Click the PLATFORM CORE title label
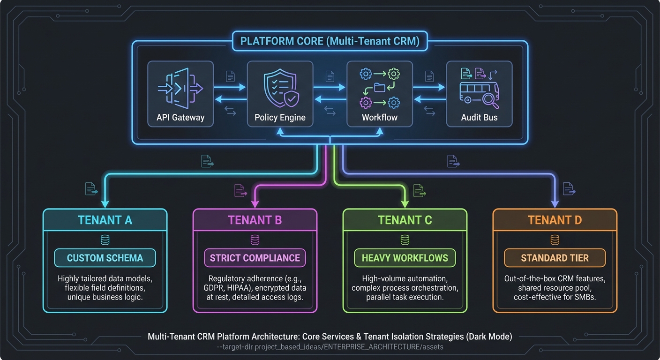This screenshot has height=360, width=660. pyautogui.click(x=330, y=41)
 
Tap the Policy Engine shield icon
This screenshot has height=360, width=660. pyautogui.click(x=280, y=88)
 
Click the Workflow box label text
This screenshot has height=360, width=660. pyautogui.click(x=379, y=117)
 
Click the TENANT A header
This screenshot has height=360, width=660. pyautogui.click(x=105, y=220)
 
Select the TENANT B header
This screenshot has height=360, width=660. pyautogui.click(x=255, y=220)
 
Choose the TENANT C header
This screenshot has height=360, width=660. pyautogui.click(x=405, y=220)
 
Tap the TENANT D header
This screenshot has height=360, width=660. pyautogui.click(x=555, y=220)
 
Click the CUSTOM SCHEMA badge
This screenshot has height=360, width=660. pyautogui.click(x=105, y=258)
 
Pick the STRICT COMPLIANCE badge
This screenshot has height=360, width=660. pyautogui.click(x=255, y=258)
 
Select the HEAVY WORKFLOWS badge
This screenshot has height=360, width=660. pyautogui.click(x=405, y=258)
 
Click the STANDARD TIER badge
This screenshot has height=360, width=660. pyautogui.click(x=555, y=258)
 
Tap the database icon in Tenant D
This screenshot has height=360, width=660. pyautogui.click(x=555, y=240)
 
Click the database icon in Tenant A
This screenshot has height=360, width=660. pyautogui.click(x=105, y=240)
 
